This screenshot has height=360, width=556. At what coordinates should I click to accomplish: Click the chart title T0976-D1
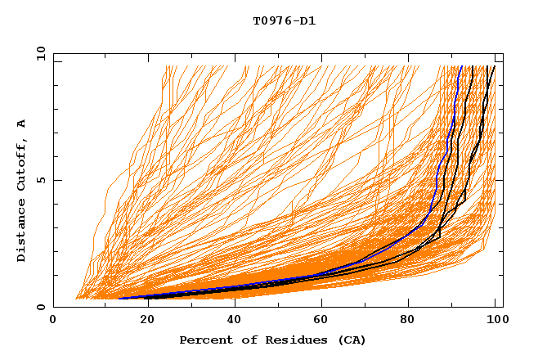284,20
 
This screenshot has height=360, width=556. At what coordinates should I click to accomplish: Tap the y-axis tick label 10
38,53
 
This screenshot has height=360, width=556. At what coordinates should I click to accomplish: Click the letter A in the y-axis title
22,124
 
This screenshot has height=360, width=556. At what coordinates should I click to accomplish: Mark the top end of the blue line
462,66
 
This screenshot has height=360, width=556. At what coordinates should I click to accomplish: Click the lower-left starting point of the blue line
119,298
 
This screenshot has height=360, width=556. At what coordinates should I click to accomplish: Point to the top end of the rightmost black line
494,66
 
